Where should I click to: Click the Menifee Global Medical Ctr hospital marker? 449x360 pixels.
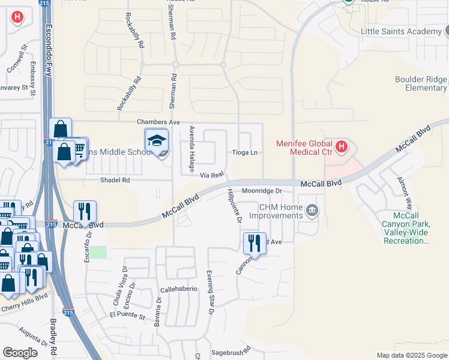tap(342, 146)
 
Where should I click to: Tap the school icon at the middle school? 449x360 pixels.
tap(156, 140)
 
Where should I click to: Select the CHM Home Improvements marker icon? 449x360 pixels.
tap(312, 210)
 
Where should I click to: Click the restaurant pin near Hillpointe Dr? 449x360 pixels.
tap(255, 242)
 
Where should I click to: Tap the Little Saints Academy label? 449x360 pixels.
tap(401, 31)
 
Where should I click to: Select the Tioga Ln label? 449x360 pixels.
tap(245, 152)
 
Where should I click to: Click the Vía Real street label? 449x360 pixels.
tap(212, 175)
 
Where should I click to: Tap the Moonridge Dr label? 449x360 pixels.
tap(262, 191)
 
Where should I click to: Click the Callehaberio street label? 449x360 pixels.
tap(179, 289)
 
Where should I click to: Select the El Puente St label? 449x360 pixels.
tap(127, 314)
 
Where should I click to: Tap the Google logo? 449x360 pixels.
tap(20, 353)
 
